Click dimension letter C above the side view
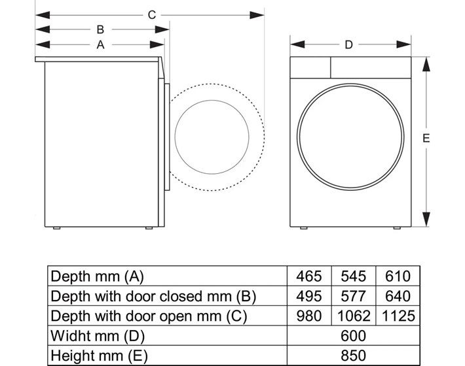[152, 15]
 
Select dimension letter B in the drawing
[100, 29]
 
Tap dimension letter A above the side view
[101, 44]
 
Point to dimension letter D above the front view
[348, 44]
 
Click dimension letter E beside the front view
[426, 138]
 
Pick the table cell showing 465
[309, 276]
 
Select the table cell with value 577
[353, 296]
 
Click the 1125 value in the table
[398, 316]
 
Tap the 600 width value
[353, 335]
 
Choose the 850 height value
[353, 356]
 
